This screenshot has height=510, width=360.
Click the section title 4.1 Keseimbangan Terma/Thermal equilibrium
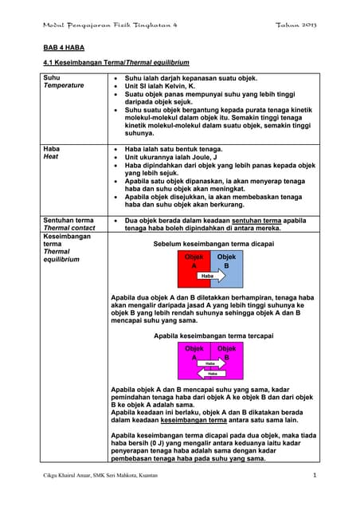coord(115,62)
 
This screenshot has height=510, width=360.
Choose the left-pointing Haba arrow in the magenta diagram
coord(211,372)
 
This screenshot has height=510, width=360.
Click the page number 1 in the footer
coord(315,476)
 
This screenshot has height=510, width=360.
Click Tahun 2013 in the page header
coord(296,25)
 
